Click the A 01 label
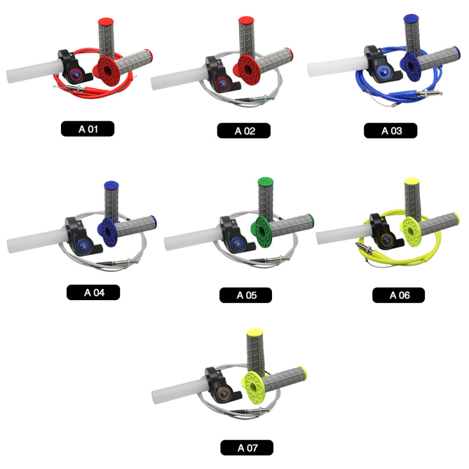87,128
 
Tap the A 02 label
244,130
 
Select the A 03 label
390,130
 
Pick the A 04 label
93,292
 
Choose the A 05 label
246,295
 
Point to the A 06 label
399,295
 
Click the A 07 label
247,448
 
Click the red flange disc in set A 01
107,70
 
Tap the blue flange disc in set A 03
410,66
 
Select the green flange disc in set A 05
261,232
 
